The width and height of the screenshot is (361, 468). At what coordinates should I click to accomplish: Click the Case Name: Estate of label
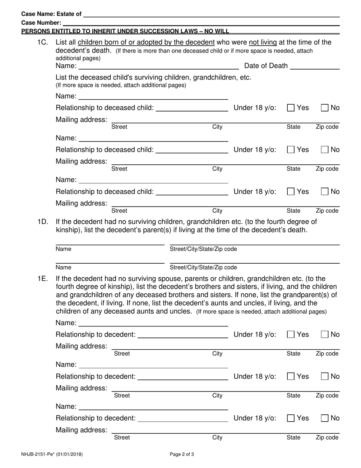51,14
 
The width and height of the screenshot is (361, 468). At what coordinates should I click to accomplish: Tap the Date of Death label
266,66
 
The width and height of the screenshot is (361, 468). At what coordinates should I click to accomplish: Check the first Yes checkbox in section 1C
291,108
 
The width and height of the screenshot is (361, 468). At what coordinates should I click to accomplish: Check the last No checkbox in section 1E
325,418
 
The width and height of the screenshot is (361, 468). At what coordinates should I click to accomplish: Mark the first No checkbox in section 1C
325,108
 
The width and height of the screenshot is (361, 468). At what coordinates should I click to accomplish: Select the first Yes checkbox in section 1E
291,335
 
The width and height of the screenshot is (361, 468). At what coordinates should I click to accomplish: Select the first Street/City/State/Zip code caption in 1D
203,249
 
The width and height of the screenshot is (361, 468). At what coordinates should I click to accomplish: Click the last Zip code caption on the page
327,438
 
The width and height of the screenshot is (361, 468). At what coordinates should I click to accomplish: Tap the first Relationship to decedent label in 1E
95,335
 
